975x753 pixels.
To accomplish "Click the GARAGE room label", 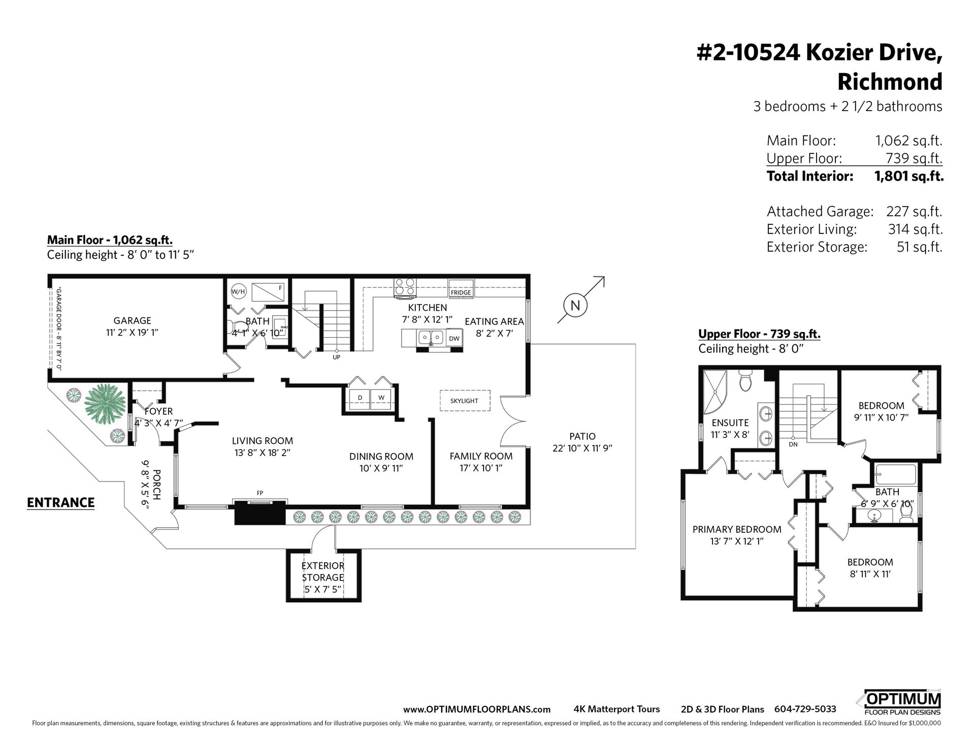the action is pyautogui.click(x=132, y=321).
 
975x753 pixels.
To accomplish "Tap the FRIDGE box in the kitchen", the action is pyautogui.click(x=461, y=288).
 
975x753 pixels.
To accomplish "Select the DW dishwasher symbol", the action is pyautogui.click(x=454, y=338).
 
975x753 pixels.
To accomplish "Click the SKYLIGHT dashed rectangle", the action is pyautogui.click(x=465, y=400).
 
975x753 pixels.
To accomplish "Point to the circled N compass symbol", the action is pyautogui.click(x=575, y=305).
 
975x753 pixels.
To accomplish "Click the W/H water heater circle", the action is pyautogui.click(x=238, y=292).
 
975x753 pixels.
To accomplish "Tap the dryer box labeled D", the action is pyautogui.click(x=360, y=397).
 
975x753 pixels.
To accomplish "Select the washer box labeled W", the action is pyautogui.click(x=381, y=397).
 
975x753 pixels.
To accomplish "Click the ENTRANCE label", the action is pyautogui.click(x=60, y=502).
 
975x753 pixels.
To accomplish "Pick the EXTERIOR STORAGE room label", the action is pyautogui.click(x=323, y=571).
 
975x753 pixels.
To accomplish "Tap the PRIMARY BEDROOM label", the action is pyautogui.click(x=737, y=529).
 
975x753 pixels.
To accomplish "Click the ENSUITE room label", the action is pyautogui.click(x=730, y=423).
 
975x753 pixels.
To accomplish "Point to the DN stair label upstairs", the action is pyautogui.click(x=793, y=444).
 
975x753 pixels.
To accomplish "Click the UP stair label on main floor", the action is pyautogui.click(x=336, y=357).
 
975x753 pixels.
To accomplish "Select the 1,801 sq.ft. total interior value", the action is pyautogui.click(x=909, y=176).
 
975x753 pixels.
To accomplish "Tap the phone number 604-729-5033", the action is pyautogui.click(x=805, y=709).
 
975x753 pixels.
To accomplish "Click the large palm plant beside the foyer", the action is pyautogui.click(x=105, y=404).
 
